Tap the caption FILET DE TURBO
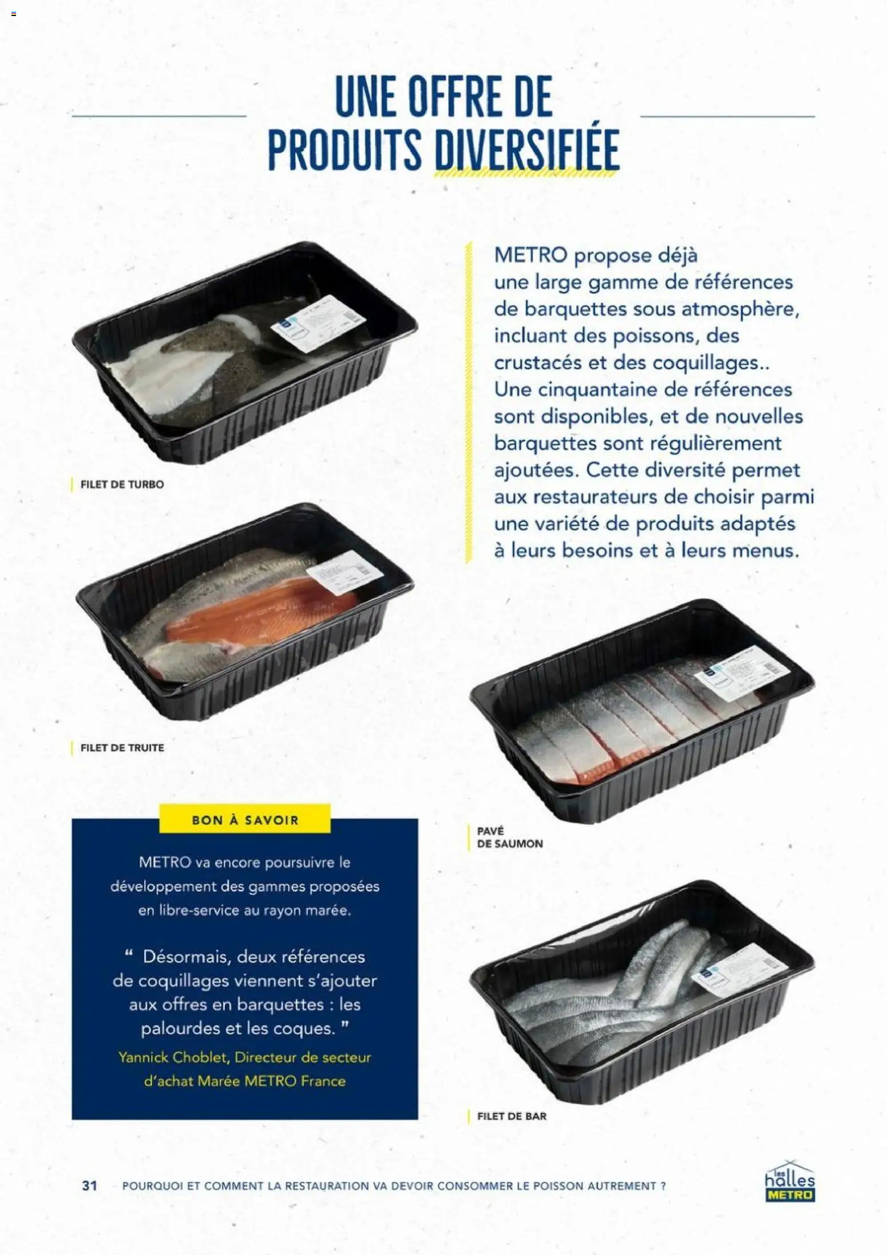click(122, 484)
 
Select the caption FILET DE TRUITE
click(122, 748)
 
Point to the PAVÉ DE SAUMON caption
click(509, 837)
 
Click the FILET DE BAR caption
click(512, 1116)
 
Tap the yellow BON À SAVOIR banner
click(244, 820)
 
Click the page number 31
click(90, 1185)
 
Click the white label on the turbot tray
click(318, 323)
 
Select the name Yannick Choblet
click(173, 1057)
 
